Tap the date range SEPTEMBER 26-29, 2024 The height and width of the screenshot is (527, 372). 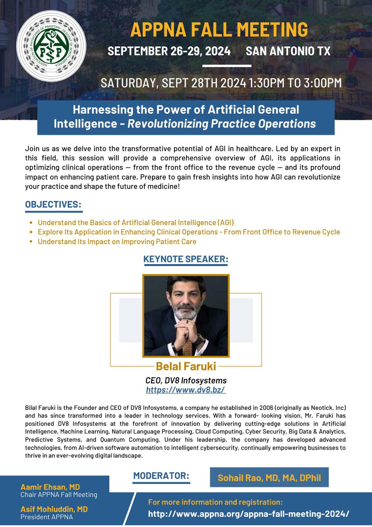169,51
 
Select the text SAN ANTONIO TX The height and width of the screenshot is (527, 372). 288,51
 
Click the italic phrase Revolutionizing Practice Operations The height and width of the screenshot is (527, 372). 222,124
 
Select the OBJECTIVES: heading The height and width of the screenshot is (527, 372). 53,204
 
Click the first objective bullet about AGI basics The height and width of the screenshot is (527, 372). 136,222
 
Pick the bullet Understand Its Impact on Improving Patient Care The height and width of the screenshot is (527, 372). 117,241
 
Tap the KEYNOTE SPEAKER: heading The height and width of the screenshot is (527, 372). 186,259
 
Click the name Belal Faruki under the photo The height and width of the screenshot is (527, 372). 186,366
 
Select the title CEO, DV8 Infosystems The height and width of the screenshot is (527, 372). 186,380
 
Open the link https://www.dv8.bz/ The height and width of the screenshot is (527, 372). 186,390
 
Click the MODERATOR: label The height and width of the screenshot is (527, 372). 161,476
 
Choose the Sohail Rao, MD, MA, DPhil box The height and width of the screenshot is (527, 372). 269,478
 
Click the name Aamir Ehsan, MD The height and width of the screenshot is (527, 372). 50,487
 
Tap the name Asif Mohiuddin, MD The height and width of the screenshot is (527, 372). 54,509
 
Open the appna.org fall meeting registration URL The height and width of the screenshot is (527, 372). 249,514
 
